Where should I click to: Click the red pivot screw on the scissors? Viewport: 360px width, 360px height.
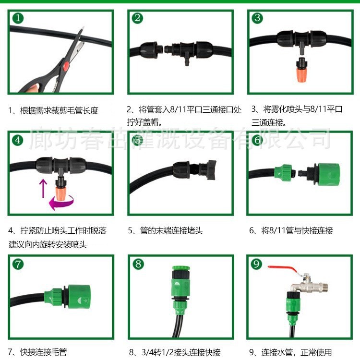(66, 66)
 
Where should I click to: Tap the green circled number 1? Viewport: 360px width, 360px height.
(18, 18)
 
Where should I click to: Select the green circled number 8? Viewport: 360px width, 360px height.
(138, 264)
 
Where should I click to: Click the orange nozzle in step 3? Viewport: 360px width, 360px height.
(300, 74)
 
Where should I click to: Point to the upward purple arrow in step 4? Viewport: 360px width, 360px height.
(43, 188)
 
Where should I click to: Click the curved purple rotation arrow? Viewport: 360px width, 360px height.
(61, 203)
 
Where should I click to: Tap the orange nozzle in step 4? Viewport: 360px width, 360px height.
(61, 194)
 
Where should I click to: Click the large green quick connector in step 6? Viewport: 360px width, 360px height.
(327, 174)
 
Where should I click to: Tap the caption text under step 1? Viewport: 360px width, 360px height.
(53, 111)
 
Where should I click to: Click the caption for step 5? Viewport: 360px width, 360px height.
(165, 230)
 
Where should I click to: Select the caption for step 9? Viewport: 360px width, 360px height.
(290, 352)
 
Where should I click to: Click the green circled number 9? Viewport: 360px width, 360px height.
(256, 264)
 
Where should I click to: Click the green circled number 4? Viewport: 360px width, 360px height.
(18, 140)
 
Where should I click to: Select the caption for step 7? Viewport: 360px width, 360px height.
(37, 352)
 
